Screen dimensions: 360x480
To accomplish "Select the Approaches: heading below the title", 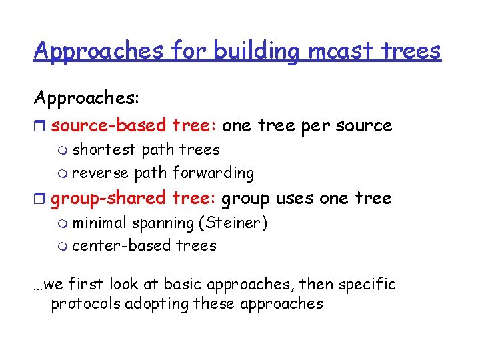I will (x=87, y=98).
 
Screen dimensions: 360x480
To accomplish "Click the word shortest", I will (x=104, y=149).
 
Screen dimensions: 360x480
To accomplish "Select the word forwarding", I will (x=213, y=173).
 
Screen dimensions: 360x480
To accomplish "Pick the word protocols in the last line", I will (x=87, y=304).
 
